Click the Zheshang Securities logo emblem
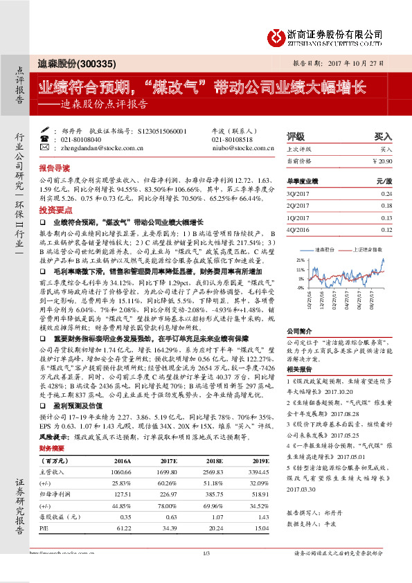(x=277, y=36)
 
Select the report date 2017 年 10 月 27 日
(x=359, y=63)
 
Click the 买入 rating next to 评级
(x=384, y=137)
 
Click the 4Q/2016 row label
(x=298, y=230)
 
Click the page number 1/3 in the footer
(x=206, y=571)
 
